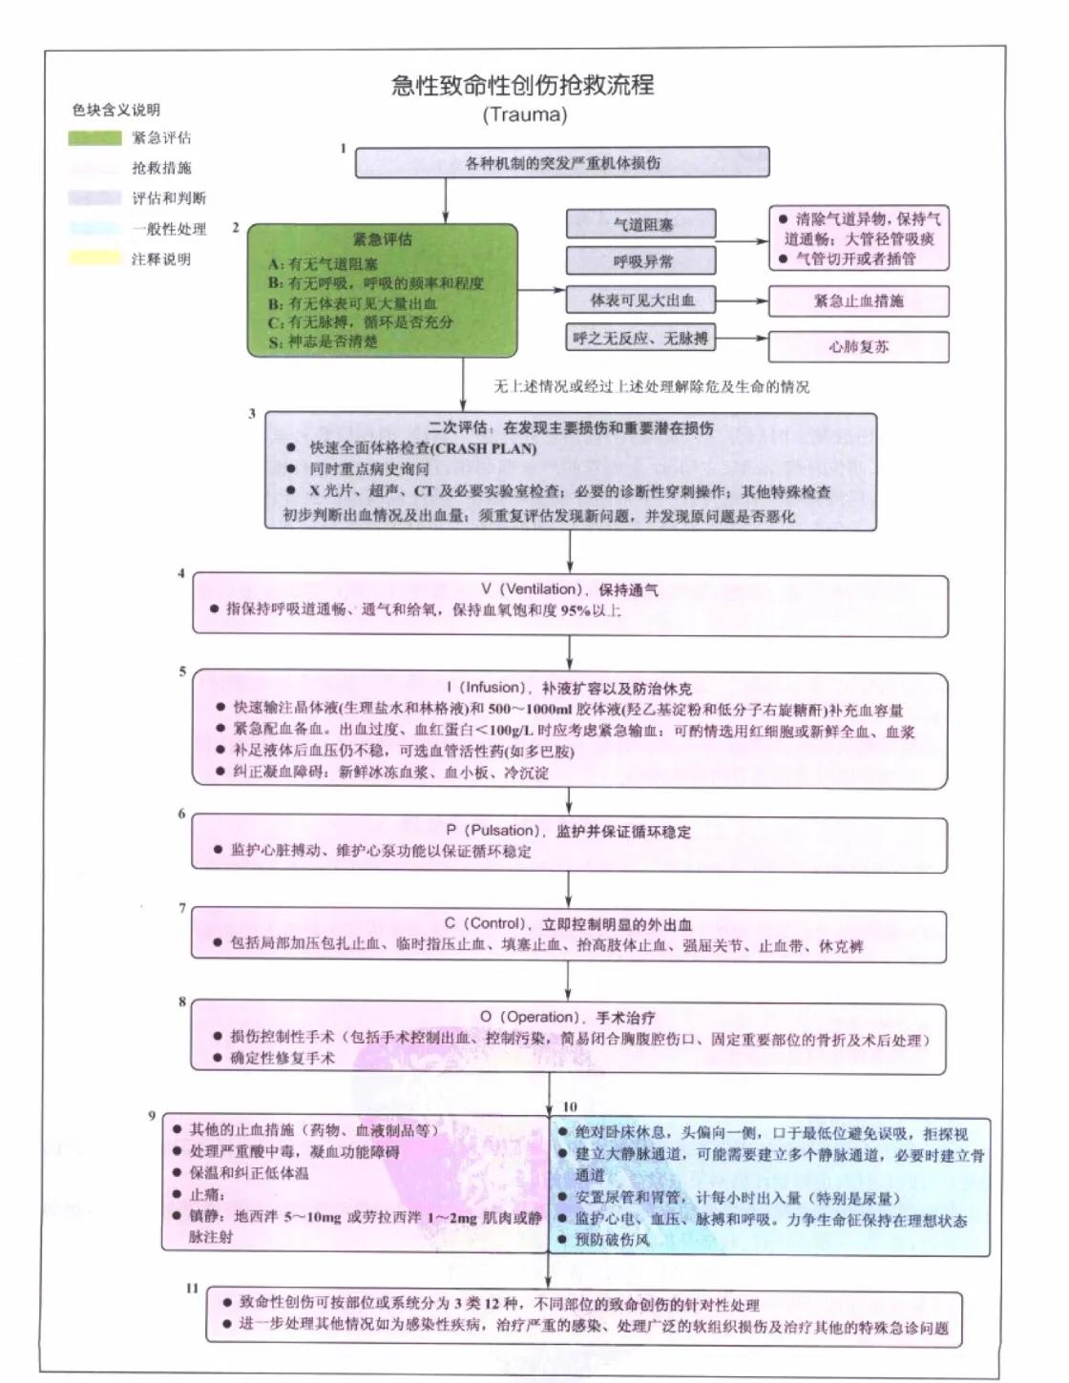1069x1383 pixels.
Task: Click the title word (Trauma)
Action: coord(524,115)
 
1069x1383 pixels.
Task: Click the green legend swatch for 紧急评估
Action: coord(94,138)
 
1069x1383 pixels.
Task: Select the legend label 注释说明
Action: coord(161,259)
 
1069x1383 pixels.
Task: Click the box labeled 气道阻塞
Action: coord(640,225)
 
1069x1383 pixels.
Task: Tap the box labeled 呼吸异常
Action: coord(640,261)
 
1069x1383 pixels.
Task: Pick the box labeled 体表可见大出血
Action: coord(640,301)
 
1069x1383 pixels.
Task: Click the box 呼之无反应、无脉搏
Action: coord(640,339)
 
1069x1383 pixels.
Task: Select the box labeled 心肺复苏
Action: coord(858,347)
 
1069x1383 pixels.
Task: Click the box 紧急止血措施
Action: coord(858,301)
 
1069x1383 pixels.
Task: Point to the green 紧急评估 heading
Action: coord(383,239)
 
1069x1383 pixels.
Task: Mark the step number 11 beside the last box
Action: coord(192,1288)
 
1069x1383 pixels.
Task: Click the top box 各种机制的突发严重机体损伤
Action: coord(562,163)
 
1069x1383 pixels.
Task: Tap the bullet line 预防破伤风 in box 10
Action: coord(612,1240)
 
